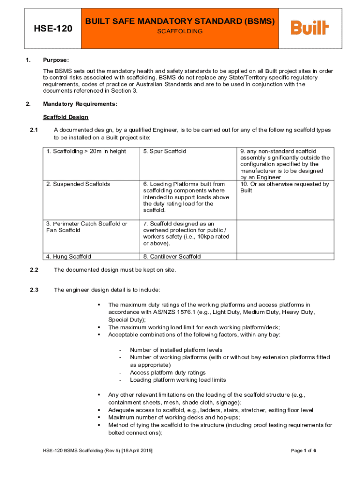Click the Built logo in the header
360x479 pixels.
point(310,28)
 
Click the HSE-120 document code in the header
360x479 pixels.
point(53,29)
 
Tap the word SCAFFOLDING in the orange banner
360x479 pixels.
point(180,31)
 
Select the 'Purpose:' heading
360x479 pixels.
point(56,60)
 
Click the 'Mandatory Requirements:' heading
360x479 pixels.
point(80,104)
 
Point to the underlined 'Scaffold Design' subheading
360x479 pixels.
point(65,117)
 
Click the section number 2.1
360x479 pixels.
point(34,130)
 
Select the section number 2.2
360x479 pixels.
point(34,270)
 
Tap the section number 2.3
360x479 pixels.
point(34,290)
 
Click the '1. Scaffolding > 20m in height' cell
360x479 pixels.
point(86,152)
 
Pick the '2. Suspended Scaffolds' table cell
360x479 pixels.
point(78,184)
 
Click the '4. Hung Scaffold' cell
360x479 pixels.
point(69,256)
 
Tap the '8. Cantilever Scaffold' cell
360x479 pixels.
point(172,256)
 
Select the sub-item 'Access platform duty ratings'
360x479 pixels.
point(167,373)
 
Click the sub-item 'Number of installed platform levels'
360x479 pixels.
point(176,350)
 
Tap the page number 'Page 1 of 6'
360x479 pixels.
point(303,450)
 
